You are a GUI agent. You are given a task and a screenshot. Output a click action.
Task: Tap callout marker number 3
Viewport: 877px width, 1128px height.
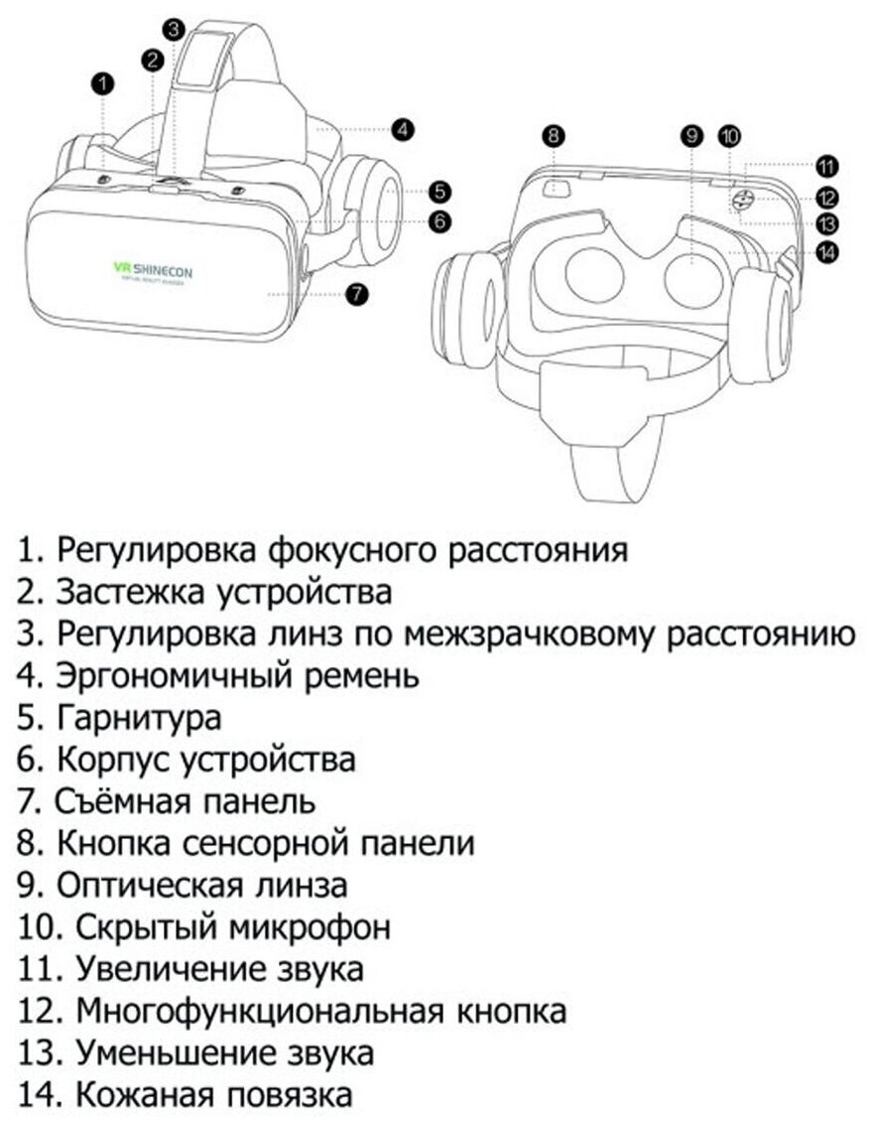174,29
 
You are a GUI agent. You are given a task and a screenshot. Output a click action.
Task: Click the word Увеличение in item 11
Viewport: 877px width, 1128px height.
165,969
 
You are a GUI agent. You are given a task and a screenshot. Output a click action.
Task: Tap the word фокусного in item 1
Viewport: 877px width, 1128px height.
341,549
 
